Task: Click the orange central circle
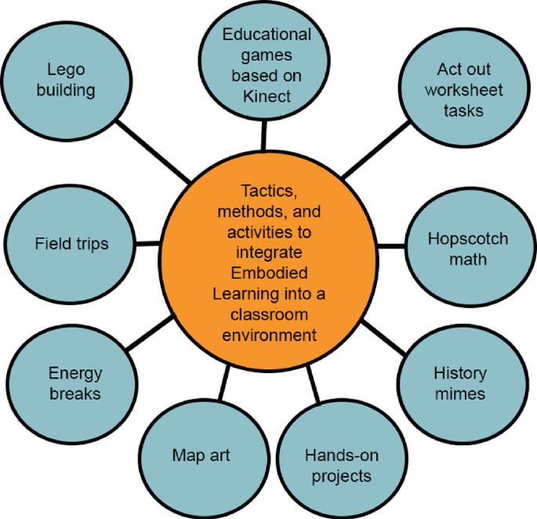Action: pos(267,263)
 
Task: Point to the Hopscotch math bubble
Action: pos(468,249)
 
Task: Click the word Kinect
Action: pos(267,96)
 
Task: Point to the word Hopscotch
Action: pos(468,238)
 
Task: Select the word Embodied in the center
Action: pos(267,274)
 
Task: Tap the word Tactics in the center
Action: pos(267,192)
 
